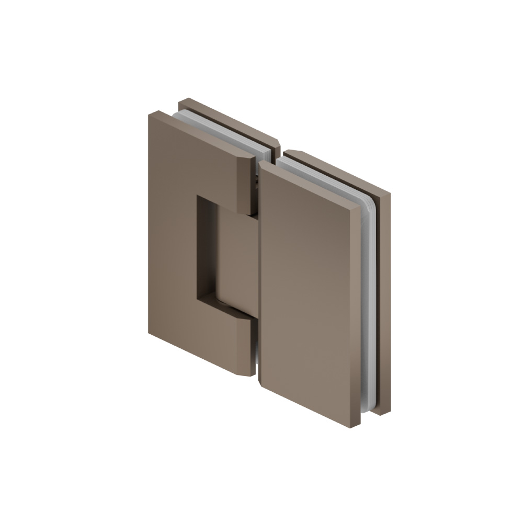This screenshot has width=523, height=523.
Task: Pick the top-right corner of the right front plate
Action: coord(360,207)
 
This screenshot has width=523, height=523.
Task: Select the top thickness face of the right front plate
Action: coord(314,183)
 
